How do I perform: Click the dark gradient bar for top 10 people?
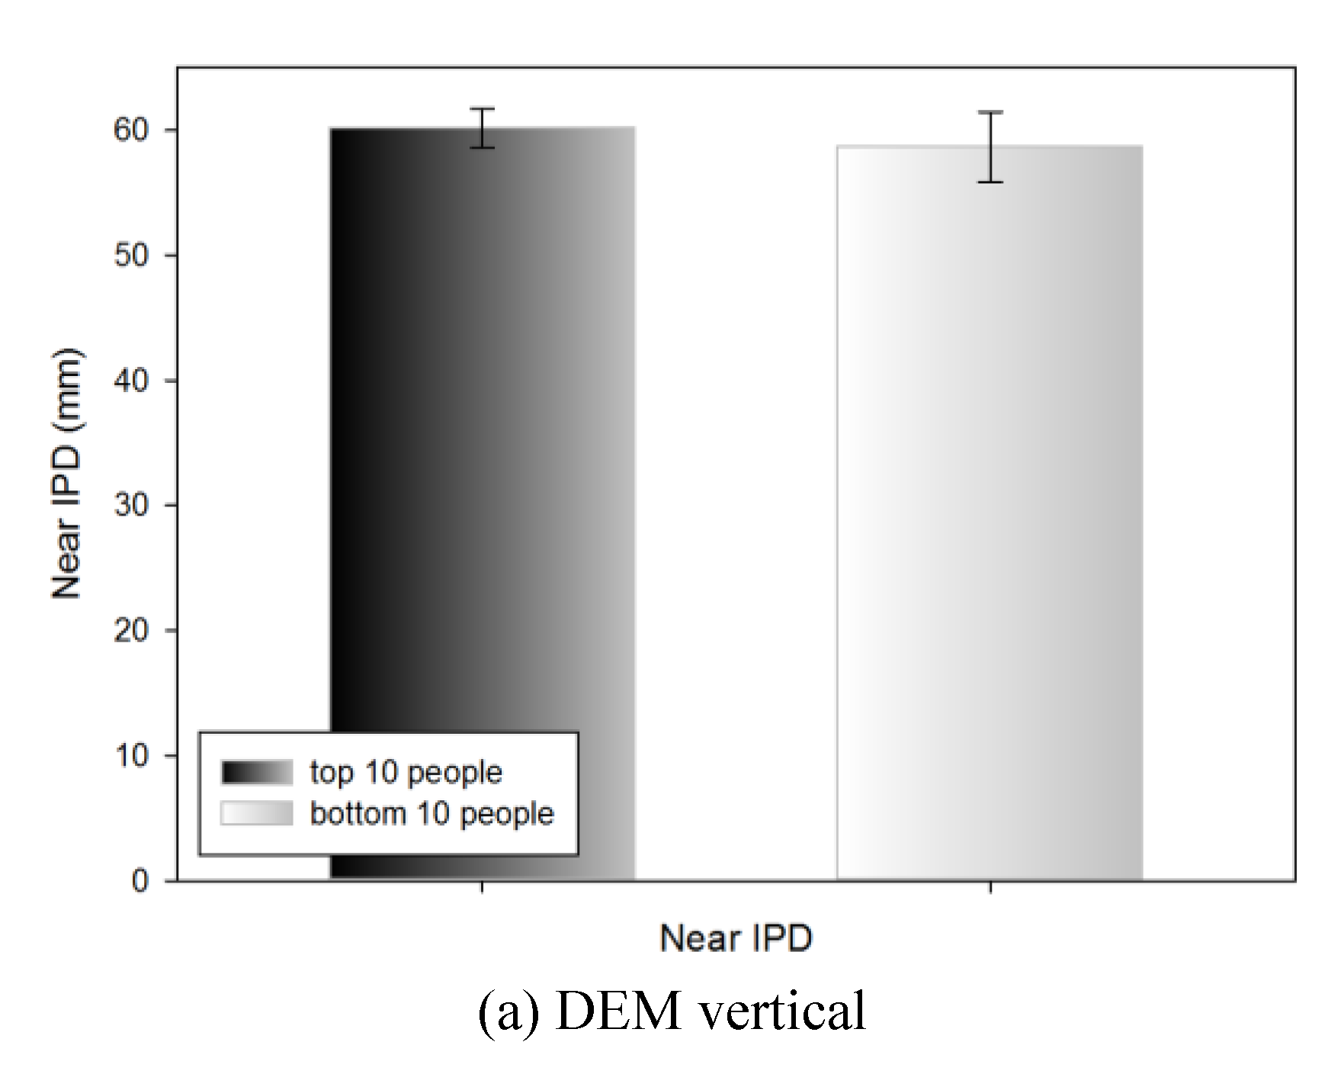[482, 458]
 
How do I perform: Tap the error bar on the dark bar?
[482, 127]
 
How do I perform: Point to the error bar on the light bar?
[990, 146]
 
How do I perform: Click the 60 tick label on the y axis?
[131, 130]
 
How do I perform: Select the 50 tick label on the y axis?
[131, 256]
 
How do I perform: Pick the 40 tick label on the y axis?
[131, 381]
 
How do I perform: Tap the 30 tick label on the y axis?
[131, 506]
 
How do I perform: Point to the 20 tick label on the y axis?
[131, 631]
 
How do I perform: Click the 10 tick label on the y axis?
[131, 756]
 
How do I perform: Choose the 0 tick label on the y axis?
[140, 881]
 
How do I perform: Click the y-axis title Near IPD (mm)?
[67, 474]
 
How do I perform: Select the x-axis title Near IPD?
[736, 937]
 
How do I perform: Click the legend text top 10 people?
[406, 773]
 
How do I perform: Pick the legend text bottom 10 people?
[431, 814]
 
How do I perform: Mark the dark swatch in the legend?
[257, 773]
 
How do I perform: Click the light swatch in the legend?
[257, 813]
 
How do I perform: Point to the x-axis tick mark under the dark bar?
[482, 887]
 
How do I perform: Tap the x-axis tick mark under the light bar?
[990, 887]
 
